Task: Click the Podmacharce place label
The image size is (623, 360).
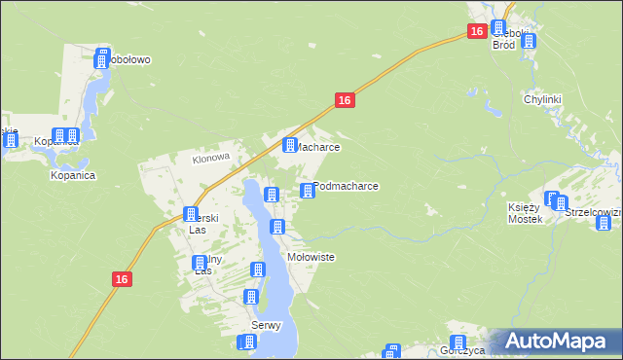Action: coord(348,185)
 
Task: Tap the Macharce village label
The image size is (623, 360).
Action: coord(317,147)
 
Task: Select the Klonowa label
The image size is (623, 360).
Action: coord(209,157)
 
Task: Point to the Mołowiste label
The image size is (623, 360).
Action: coord(311,257)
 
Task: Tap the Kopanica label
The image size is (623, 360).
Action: coord(72,176)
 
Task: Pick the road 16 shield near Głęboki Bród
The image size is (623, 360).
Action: coord(476,32)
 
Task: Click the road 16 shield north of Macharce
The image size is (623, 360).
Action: coord(345,100)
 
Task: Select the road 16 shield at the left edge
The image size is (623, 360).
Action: coord(121,279)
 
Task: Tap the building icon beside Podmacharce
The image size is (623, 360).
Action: coord(309,191)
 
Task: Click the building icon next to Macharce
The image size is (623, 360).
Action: coord(289,146)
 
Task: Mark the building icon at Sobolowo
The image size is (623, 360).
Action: coord(101,59)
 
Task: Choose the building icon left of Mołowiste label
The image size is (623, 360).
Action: coord(277,228)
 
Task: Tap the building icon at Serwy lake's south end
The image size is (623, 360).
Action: coord(247,342)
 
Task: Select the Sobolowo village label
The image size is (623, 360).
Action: coord(130,59)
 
